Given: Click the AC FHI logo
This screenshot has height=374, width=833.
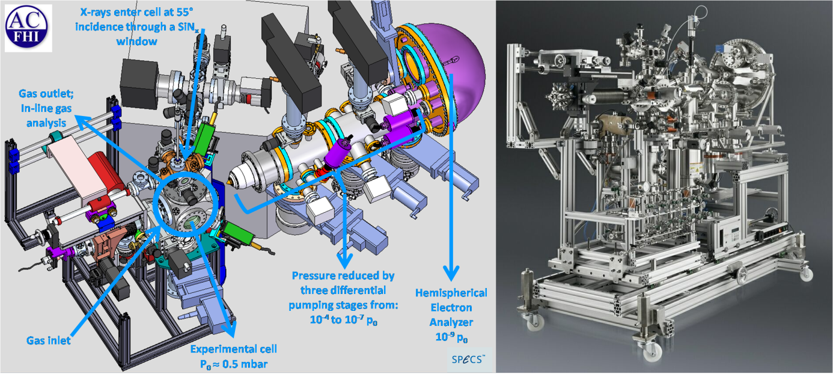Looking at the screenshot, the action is [x=27, y=27].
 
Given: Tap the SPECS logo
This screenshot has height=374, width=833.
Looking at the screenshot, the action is [x=468, y=359].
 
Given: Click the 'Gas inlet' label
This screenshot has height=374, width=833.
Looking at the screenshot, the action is [x=48, y=340].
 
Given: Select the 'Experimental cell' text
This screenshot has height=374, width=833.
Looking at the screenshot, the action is [x=234, y=349].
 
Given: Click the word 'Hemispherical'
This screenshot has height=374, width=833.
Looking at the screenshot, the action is [x=451, y=293].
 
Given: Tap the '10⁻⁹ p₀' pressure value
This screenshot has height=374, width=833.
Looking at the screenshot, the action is [x=451, y=337].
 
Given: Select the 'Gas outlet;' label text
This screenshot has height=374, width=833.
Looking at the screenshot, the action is [x=46, y=94].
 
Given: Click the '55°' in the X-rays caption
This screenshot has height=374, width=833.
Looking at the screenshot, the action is [x=185, y=12].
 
